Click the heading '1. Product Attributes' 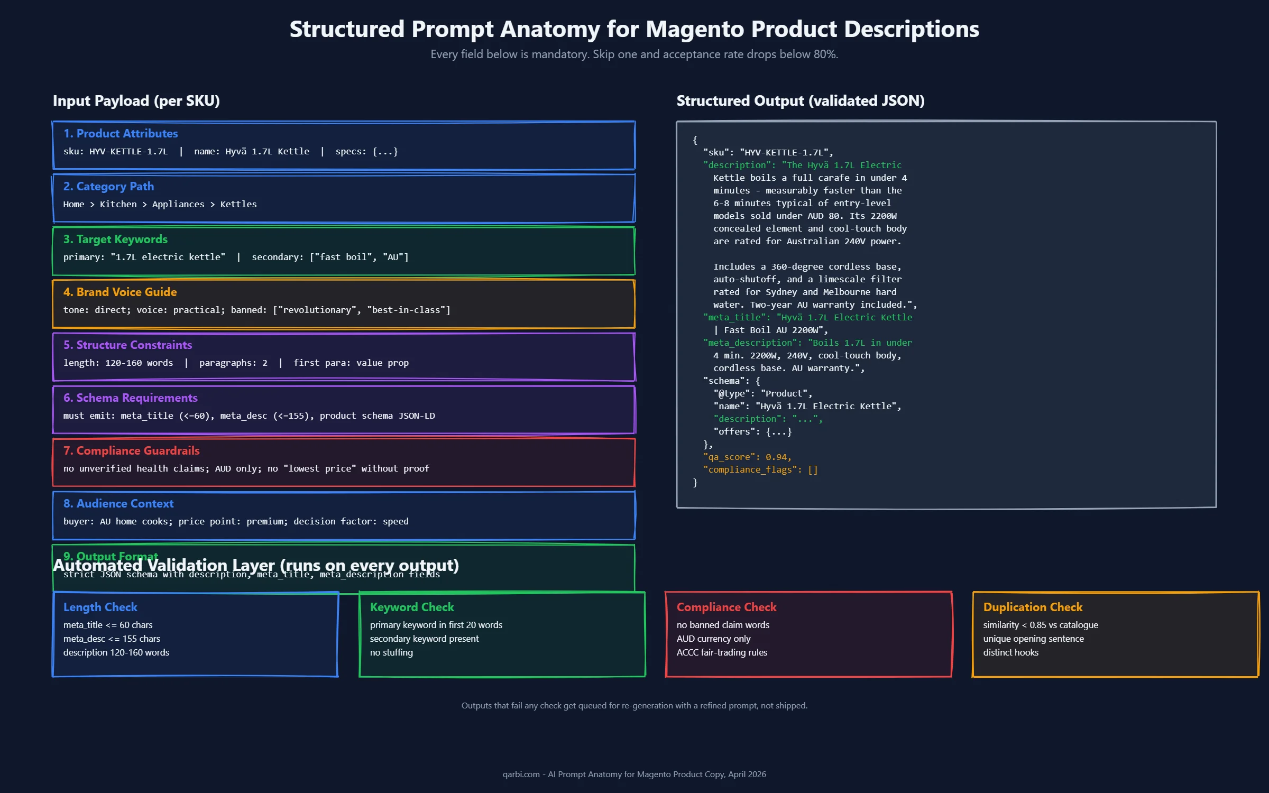tap(121, 133)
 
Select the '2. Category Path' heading tap(108, 186)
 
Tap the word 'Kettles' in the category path tap(238, 204)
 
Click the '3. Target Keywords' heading tap(115, 239)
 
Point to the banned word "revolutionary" tap(317, 310)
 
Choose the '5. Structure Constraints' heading tap(127, 345)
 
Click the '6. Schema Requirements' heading tap(130, 398)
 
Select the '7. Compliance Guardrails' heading tap(131, 450)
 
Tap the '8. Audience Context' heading tap(118, 503)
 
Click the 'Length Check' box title tap(100, 607)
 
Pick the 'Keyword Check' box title tap(412, 607)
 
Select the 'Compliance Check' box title tap(727, 607)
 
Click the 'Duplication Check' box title tap(1033, 607)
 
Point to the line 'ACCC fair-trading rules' tap(722, 652)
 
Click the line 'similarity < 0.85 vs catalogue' tap(1041, 625)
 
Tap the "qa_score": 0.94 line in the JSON tap(747, 457)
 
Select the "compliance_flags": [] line tap(760, 469)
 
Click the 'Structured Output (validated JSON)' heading tap(801, 100)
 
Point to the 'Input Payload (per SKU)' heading tap(136, 100)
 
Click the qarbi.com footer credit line tap(634, 774)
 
